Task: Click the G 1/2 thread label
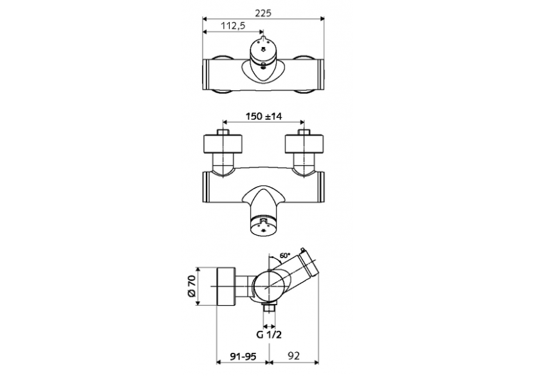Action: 268,334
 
